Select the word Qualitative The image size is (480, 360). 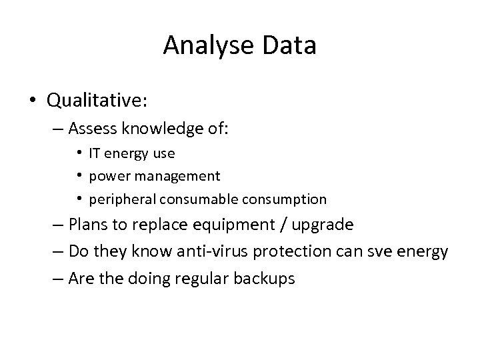pos(97,101)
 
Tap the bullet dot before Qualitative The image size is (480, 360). pos(33,101)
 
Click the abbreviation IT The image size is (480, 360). pos(96,153)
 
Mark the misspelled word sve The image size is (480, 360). pos(376,252)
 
